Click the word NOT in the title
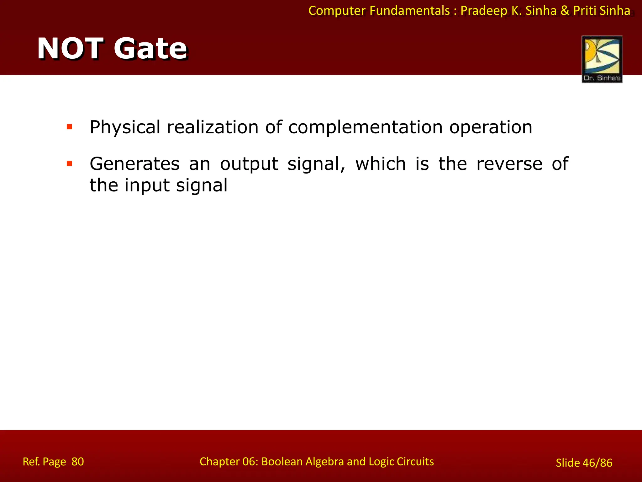click(x=71, y=49)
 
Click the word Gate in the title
click(x=150, y=49)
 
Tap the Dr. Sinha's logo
click(x=602, y=59)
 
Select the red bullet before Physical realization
click(x=70, y=127)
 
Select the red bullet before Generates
click(x=70, y=163)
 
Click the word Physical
click(x=125, y=127)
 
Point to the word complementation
click(x=365, y=127)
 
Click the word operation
click(x=491, y=127)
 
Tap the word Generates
click(x=134, y=164)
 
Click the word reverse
click(x=509, y=164)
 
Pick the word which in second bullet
click(x=380, y=164)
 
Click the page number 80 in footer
click(x=77, y=462)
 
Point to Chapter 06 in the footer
click(x=229, y=462)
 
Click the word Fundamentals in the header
click(x=409, y=11)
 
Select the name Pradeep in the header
click(x=484, y=11)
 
